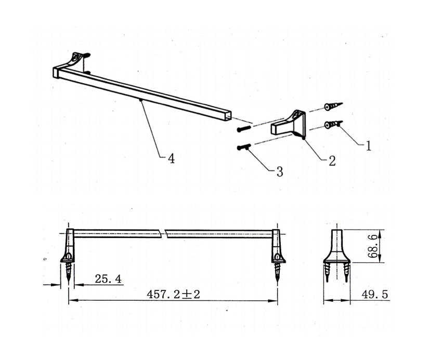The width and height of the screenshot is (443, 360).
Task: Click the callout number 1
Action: [x=369, y=146]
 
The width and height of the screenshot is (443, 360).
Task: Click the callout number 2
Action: [x=332, y=161]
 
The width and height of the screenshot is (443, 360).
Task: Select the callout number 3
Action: [x=279, y=171]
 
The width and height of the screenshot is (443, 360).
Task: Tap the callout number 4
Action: [x=171, y=158]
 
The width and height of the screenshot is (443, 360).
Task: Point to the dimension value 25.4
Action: [x=108, y=279]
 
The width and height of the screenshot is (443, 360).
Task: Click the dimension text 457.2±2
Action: [x=173, y=295]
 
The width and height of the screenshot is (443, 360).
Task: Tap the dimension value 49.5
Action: [x=375, y=295]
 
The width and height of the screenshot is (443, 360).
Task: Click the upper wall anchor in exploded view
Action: [x=333, y=106]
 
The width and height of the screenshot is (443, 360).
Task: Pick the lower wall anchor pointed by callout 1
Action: [x=333, y=124]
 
